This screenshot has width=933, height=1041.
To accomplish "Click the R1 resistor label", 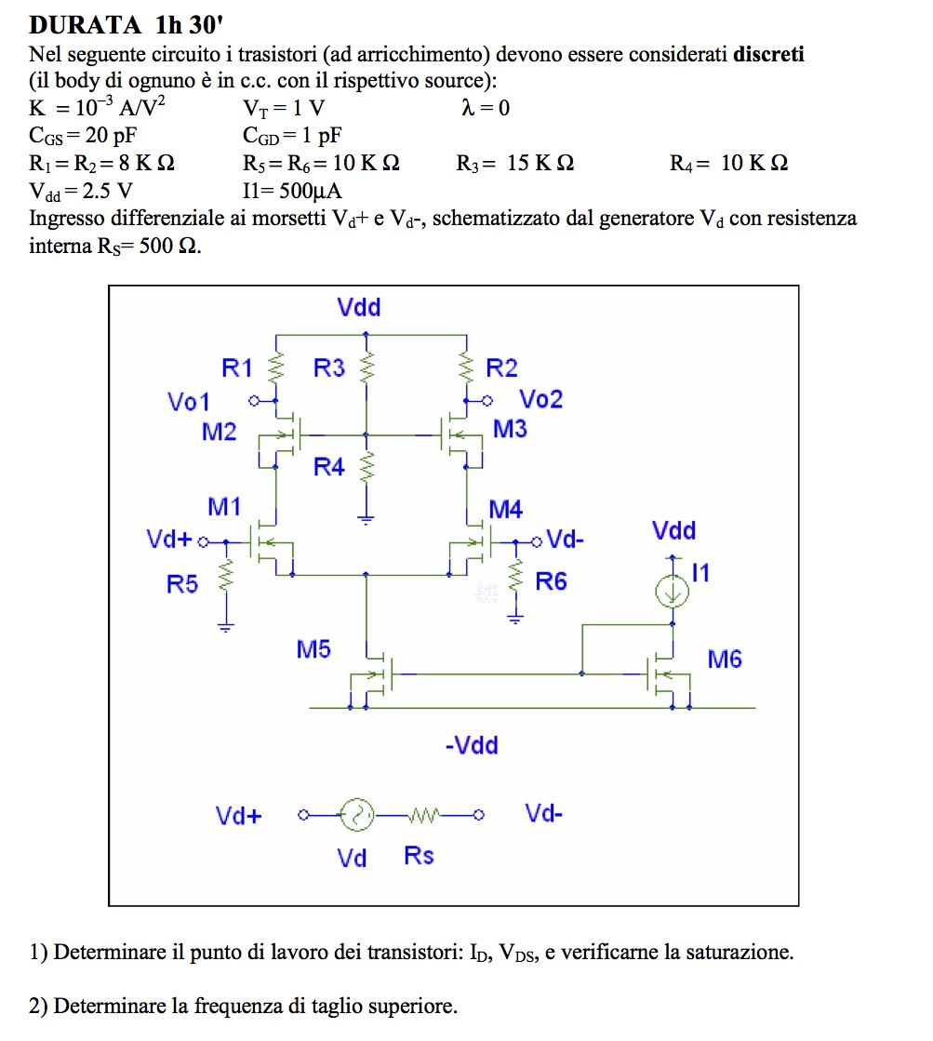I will pyautogui.click(x=237, y=368).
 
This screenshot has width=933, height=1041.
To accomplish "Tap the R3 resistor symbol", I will pyautogui.click(x=368, y=367).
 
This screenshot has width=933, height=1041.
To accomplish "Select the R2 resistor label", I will pyautogui.click(x=501, y=368).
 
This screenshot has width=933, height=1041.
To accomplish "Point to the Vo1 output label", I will pyautogui.click(x=188, y=402).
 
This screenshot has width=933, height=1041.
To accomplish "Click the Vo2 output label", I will pyautogui.click(x=540, y=400).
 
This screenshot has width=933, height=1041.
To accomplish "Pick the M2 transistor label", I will pyautogui.click(x=220, y=432).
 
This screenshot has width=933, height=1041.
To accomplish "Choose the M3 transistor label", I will pyautogui.click(x=510, y=430).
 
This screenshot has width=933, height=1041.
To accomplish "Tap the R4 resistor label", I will pyautogui.click(x=328, y=467).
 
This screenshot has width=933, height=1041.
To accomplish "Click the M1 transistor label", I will pyautogui.click(x=224, y=507).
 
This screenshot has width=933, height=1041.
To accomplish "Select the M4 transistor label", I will pyautogui.click(x=505, y=509).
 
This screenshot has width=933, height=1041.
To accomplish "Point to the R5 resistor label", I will pyautogui.click(x=182, y=584).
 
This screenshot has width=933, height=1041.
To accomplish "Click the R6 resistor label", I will pyautogui.click(x=551, y=582).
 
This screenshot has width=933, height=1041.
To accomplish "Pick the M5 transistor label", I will pyautogui.click(x=313, y=649).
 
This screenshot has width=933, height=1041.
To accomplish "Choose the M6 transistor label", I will pyautogui.click(x=725, y=660).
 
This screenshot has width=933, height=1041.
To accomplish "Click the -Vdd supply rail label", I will pyautogui.click(x=471, y=745).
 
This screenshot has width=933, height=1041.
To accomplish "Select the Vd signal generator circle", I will pyautogui.click(x=357, y=816).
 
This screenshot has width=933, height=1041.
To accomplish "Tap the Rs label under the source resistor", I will pyautogui.click(x=419, y=856).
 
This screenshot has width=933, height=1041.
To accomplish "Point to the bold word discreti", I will pyautogui.click(x=768, y=54).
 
